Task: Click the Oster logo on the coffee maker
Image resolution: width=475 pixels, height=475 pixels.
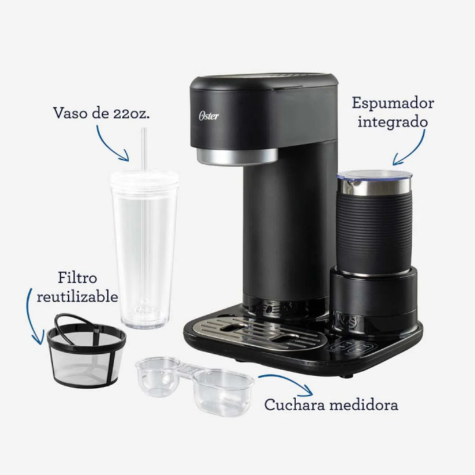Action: click(209, 115)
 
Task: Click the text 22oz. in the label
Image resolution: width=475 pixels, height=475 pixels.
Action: click(132, 113)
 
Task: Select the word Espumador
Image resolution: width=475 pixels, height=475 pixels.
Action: click(393, 104)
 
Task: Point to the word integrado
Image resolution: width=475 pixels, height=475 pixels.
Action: click(393, 121)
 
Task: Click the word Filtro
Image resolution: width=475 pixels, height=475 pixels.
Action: click(77, 278)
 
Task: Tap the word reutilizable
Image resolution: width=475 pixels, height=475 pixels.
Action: click(77, 296)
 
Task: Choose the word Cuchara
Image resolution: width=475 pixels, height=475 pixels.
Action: click(295, 404)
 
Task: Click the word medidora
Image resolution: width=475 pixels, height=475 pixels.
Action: click(364, 404)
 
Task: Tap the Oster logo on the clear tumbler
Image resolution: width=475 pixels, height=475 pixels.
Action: click(145, 309)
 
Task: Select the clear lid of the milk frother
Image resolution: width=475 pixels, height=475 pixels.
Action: click(375, 175)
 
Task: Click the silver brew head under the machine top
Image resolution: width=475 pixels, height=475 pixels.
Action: click(237, 156)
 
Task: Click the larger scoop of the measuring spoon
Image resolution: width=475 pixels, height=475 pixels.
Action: click(223, 392)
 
